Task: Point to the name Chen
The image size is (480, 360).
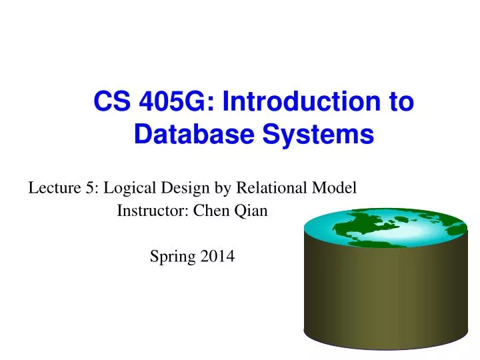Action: click(209, 211)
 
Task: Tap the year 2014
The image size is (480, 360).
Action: click(219, 255)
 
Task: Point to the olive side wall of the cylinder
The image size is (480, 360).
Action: click(385, 300)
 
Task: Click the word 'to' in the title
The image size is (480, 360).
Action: click(400, 103)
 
